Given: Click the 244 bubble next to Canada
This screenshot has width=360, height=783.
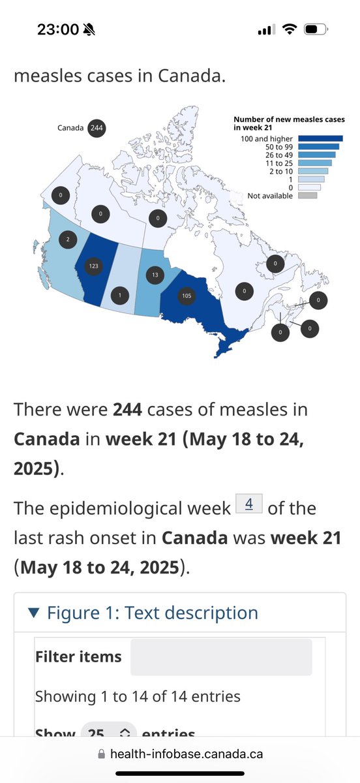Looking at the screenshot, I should pyautogui.click(x=97, y=128).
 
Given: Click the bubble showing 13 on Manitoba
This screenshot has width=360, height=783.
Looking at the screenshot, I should pyautogui.click(x=154, y=275).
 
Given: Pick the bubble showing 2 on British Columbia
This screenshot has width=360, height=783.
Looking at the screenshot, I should pyautogui.click(x=67, y=240).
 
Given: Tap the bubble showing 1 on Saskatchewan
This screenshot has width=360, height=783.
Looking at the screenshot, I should pyautogui.click(x=120, y=297).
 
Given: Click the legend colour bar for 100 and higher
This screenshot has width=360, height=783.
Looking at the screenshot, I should pyautogui.click(x=321, y=138).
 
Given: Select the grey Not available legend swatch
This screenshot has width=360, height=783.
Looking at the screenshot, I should pyautogui.click(x=308, y=195).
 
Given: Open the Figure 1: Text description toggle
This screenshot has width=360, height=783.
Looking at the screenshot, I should pyautogui.click(x=143, y=613).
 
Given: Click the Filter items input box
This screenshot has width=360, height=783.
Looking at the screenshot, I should pyautogui.click(x=220, y=656).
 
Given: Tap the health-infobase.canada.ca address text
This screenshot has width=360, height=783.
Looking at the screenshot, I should pyautogui.click(x=187, y=754).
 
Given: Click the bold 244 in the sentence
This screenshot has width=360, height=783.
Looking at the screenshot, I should pyautogui.click(x=128, y=410).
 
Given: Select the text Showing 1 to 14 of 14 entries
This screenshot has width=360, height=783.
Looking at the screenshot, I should pyautogui.click(x=138, y=696).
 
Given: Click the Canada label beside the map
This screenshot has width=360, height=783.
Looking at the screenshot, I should pyautogui.click(x=70, y=128).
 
